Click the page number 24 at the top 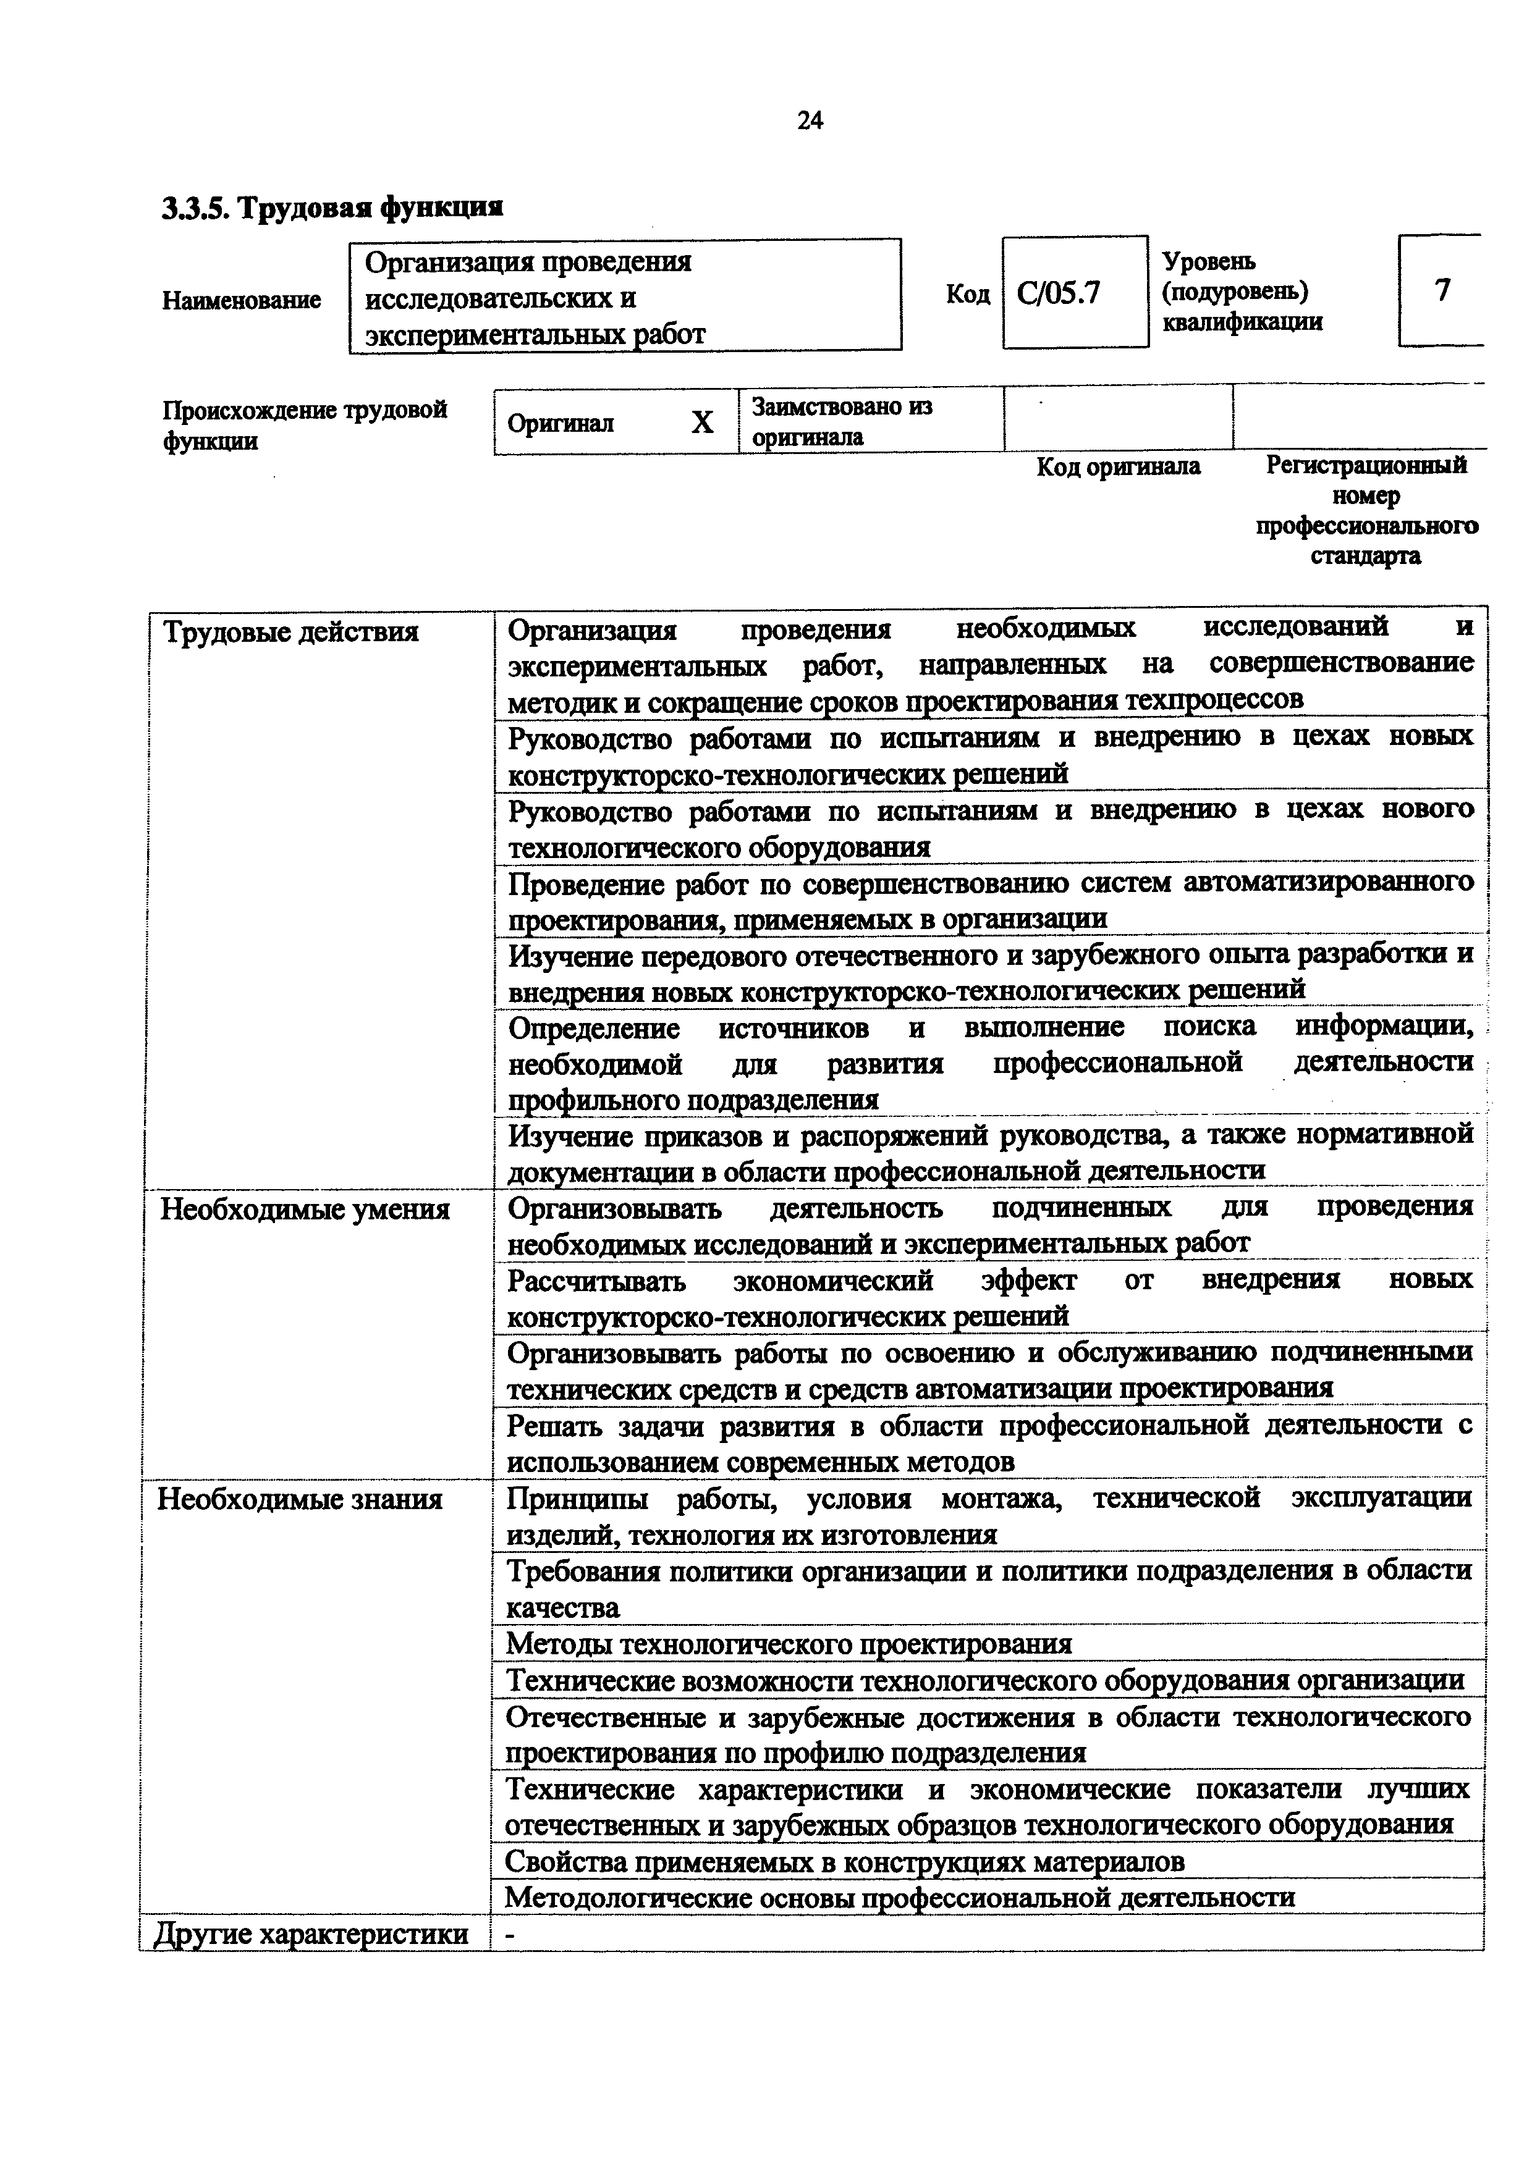coord(810,121)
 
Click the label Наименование coord(242,300)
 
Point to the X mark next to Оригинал coord(701,423)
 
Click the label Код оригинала coord(1119,467)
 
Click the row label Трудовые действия coord(292,631)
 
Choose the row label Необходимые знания coord(299,1499)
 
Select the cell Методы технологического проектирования coord(789,1643)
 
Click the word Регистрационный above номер coord(1366,465)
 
